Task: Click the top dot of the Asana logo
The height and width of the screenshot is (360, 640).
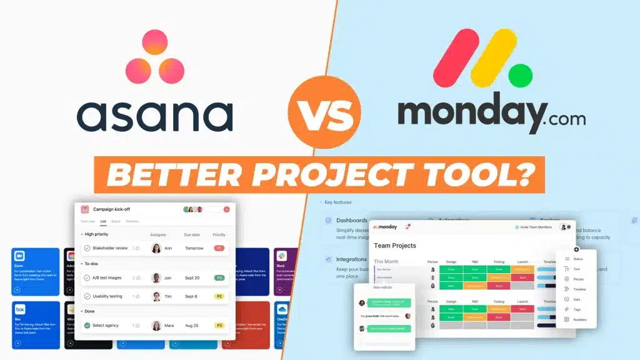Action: click(x=154, y=42)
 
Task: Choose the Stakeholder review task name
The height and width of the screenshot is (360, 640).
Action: click(x=109, y=248)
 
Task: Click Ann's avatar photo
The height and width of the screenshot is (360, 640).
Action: click(x=156, y=248)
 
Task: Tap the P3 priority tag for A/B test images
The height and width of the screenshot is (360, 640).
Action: click(x=219, y=278)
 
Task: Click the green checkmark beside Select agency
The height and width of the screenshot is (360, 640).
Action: click(x=87, y=326)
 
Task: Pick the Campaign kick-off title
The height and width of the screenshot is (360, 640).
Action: click(x=111, y=209)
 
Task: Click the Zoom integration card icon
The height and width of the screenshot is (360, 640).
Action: click(x=19, y=256)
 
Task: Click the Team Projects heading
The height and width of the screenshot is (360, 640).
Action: click(x=395, y=246)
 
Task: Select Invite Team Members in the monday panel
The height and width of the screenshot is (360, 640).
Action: click(x=536, y=227)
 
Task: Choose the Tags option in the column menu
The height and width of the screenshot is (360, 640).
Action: click(x=576, y=309)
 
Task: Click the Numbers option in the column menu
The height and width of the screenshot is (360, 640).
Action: click(x=579, y=319)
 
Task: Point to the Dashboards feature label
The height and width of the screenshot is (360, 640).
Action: click(x=352, y=221)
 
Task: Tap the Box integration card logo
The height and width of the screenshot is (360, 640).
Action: click(x=20, y=310)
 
